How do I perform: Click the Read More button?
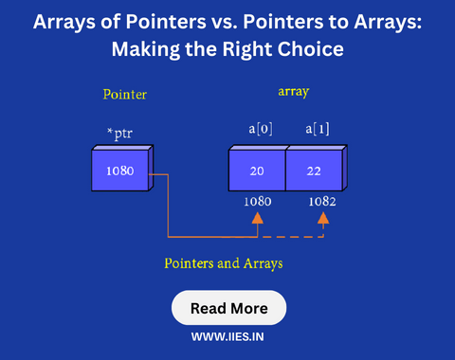[x=228, y=308]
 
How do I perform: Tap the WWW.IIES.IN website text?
[x=228, y=335]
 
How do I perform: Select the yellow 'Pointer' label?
[x=125, y=95]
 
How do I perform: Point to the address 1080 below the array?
[x=258, y=201]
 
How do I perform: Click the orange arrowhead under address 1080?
[x=257, y=219]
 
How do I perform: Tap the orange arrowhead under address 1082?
[x=323, y=219]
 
